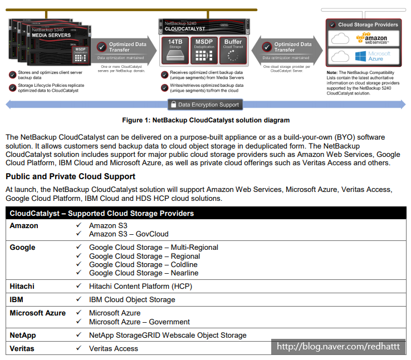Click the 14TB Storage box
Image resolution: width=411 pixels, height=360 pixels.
click(175, 51)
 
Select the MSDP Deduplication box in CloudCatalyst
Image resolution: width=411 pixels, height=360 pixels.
click(204, 51)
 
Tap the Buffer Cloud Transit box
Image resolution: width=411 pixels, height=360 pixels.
click(233, 51)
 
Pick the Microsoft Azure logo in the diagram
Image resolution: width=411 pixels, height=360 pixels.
click(373, 56)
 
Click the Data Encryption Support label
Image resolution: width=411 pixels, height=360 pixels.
click(208, 105)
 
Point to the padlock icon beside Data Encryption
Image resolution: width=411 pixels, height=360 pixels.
click(173, 104)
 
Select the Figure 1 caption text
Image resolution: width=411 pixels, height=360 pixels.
click(205, 120)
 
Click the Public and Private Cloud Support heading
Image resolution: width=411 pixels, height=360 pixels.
click(71, 176)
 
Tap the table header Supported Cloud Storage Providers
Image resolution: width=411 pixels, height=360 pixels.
click(102, 213)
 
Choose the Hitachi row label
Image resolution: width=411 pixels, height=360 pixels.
click(22, 286)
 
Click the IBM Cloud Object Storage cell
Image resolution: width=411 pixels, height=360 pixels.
click(132, 299)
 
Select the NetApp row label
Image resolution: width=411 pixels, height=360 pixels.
click(23, 336)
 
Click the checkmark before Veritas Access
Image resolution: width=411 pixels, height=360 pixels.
click(79, 348)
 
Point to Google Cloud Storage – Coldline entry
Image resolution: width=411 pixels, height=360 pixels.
click(143, 264)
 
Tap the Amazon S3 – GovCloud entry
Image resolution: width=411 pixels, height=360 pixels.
click(129, 234)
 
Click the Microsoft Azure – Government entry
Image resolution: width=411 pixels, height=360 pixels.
click(139, 322)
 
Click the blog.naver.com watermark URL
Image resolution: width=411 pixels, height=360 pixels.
click(339, 347)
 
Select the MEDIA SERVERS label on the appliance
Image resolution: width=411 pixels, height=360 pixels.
click(51, 35)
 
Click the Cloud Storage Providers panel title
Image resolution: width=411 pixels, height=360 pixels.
click(368, 24)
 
